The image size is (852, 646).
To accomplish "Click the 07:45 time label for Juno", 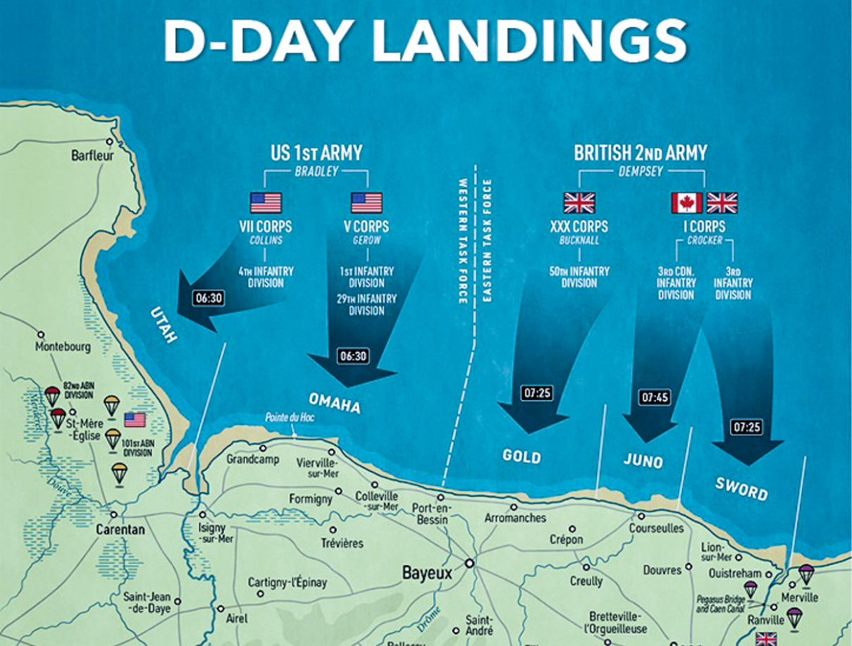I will click(x=653, y=398).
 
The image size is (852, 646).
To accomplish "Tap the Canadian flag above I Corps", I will click(x=686, y=203).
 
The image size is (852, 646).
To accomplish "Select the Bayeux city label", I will click(x=426, y=573).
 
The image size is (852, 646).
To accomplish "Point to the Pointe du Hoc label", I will click(x=290, y=417).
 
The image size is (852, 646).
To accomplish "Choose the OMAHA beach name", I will click(x=334, y=404).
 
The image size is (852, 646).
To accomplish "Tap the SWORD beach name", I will click(x=741, y=487).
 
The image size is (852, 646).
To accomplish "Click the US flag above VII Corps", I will click(x=266, y=203).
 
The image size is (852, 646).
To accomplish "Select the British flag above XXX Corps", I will click(x=579, y=203).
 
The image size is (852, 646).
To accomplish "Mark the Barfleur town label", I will click(x=92, y=156).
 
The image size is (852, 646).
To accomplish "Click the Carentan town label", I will click(x=121, y=529).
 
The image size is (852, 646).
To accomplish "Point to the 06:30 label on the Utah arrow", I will click(x=208, y=298).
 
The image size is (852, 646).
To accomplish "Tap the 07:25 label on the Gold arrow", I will click(x=537, y=393).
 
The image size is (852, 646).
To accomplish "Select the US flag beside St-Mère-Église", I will click(x=135, y=421).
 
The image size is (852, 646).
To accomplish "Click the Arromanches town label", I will click(x=515, y=518).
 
